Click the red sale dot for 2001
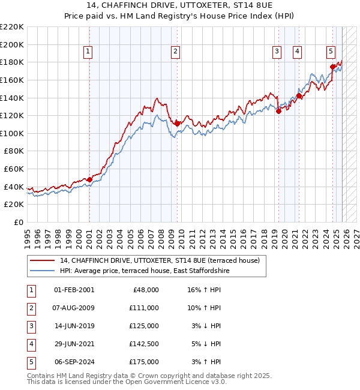(89, 179)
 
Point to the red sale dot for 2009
(177, 123)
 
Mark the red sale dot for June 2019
(278, 110)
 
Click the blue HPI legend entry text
(145, 271)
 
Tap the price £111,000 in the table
(145, 308)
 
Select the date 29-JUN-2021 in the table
(74, 344)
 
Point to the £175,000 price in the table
(145, 362)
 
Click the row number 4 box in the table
(31, 344)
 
